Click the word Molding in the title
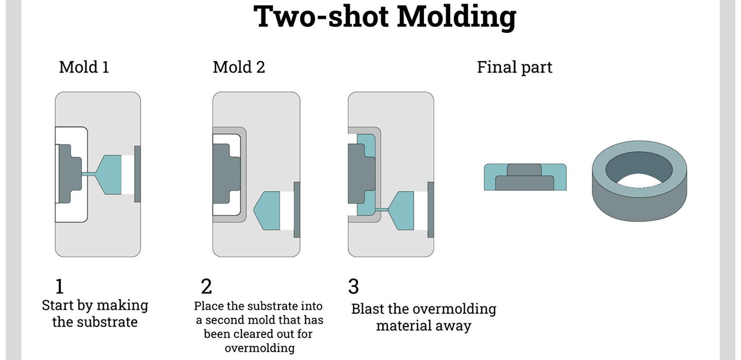coord(456,17)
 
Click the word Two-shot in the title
coord(321,16)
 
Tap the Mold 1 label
coord(84,67)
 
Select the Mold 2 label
coord(239,67)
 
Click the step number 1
coord(60,286)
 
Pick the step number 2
coord(206,286)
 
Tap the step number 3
coord(354,286)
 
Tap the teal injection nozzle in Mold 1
coord(108,174)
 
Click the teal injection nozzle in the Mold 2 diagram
coord(267,210)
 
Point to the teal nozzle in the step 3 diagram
coord(401,210)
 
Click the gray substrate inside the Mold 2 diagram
coord(226,173)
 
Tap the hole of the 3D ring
coord(639,169)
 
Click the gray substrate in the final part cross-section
coord(525,178)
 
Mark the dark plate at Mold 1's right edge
coord(137,174)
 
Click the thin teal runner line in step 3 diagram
coord(381,210)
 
